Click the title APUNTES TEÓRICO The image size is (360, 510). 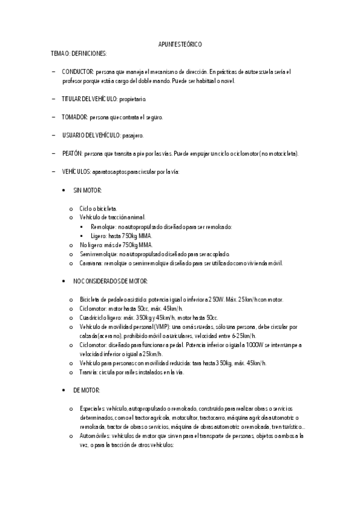tap(180, 45)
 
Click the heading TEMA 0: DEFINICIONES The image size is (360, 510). tap(79, 54)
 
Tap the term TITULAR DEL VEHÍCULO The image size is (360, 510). tap(89, 99)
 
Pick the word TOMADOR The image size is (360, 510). tap(75, 117)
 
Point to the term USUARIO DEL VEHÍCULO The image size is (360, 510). tap(91, 135)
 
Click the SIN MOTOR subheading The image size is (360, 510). tap(88, 190)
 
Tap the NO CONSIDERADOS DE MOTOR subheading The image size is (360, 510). tap(111, 281)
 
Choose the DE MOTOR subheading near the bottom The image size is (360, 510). tap(87, 390)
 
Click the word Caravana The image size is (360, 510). tap(91, 263)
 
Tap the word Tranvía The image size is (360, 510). tap(90, 372)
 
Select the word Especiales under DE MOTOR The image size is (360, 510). tap(92, 408)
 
